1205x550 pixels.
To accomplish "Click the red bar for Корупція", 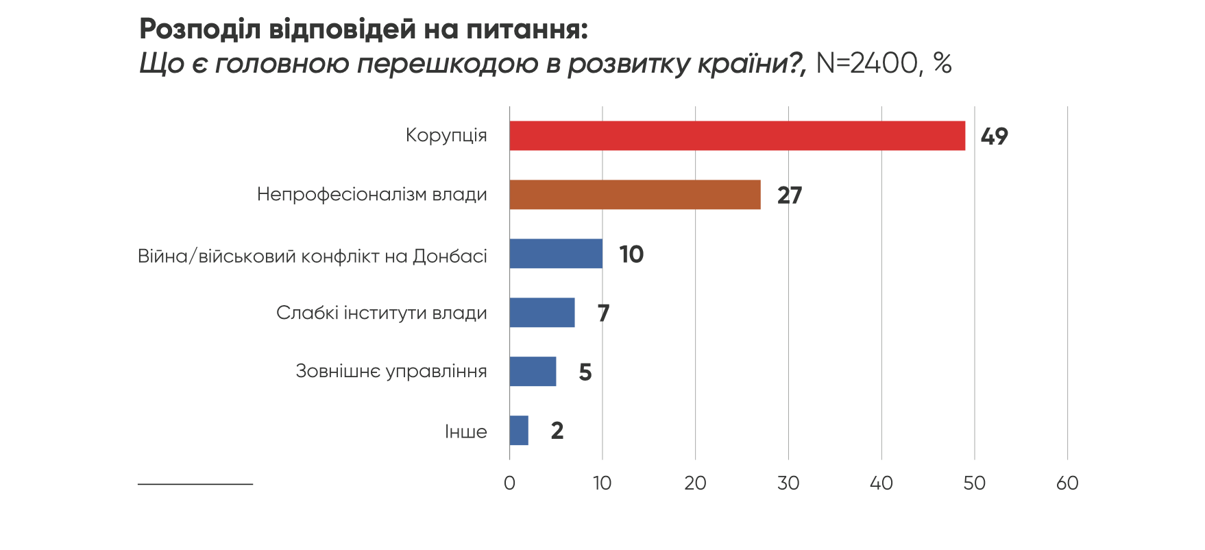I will click(x=737, y=136).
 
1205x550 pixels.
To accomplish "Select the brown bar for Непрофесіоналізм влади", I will click(x=635, y=195).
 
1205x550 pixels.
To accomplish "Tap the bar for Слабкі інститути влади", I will click(x=542, y=313).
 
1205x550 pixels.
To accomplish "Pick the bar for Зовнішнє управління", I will click(x=533, y=372).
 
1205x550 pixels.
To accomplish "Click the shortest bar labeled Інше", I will click(x=519, y=431).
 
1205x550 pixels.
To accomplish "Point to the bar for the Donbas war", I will click(x=556, y=254).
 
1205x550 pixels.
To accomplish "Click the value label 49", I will click(x=994, y=136).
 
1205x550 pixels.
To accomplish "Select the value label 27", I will click(x=790, y=195).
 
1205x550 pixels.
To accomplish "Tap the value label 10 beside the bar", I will click(x=631, y=254).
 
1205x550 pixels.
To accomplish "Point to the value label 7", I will click(x=603, y=313).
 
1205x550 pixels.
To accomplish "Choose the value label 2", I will click(x=557, y=431).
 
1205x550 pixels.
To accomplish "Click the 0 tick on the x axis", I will click(x=509, y=483).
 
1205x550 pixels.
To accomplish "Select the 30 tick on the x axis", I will click(x=788, y=483).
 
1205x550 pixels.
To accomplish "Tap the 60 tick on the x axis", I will click(x=1067, y=483).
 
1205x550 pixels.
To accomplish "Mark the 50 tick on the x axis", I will click(x=974, y=483).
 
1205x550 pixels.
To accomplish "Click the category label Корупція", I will click(x=446, y=135).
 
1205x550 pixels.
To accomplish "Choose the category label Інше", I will click(x=466, y=432).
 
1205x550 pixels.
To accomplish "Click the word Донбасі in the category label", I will click(x=450, y=256).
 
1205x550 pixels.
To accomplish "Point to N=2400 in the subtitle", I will click(x=867, y=63).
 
